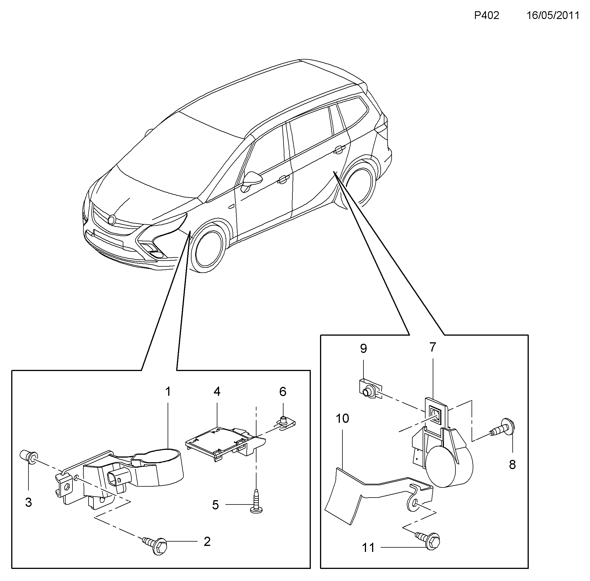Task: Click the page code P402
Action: tap(486, 15)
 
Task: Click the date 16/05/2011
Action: tap(553, 15)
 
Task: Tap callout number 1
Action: tap(168, 391)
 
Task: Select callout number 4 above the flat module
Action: tap(217, 391)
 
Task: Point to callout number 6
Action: tap(283, 391)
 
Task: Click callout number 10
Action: tap(342, 418)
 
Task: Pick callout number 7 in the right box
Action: tap(433, 347)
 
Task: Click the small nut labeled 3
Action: tap(29, 456)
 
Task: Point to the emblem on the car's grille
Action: tap(112, 219)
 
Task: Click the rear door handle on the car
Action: tap(338, 149)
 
